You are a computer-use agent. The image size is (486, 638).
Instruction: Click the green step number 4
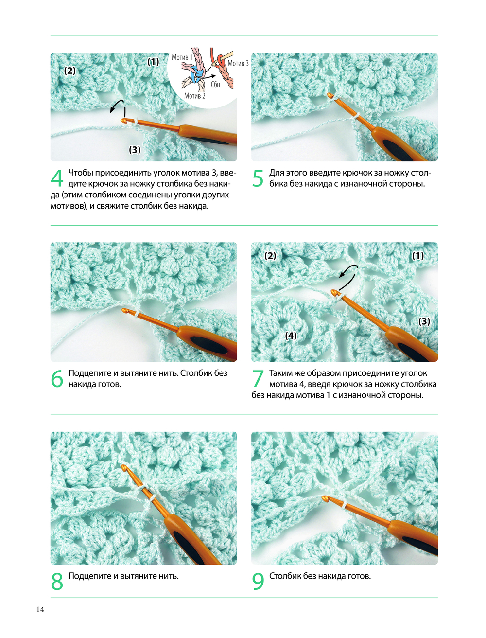pos(57,178)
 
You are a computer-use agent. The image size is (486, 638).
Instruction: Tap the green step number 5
pos(258,178)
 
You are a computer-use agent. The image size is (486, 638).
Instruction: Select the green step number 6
pos(57,378)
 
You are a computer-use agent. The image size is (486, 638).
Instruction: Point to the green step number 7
pos(258,378)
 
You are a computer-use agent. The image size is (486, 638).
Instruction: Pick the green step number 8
pos(57,581)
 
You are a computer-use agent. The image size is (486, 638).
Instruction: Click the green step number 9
pos(258,581)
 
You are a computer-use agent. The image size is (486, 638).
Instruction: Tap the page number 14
pos(40,609)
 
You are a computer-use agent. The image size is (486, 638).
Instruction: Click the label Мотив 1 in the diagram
pos(182,57)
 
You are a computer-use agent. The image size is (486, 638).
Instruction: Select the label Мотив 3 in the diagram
pos(238,63)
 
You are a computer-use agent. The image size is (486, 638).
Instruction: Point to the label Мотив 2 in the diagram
pos(194,96)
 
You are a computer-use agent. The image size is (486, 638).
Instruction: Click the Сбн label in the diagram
pos(215,84)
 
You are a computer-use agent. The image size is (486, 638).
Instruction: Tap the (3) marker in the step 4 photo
pos(135,150)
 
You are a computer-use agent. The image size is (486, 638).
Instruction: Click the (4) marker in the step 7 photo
pos(291,336)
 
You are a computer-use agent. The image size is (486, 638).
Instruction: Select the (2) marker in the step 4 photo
pos(70,71)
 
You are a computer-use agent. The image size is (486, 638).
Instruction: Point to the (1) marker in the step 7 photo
pos(418,256)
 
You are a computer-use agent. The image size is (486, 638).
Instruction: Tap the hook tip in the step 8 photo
pos(123,467)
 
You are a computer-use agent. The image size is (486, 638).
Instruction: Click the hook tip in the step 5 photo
pos(329,95)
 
